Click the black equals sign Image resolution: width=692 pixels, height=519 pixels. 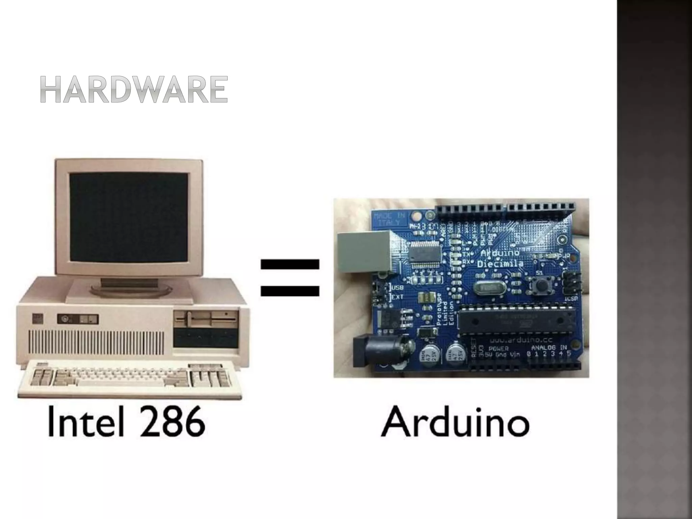(290, 277)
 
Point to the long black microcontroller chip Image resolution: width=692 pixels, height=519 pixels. (517, 319)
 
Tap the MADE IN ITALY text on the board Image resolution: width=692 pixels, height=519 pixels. (389, 219)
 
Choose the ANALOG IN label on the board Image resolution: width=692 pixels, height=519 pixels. (549, 347)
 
